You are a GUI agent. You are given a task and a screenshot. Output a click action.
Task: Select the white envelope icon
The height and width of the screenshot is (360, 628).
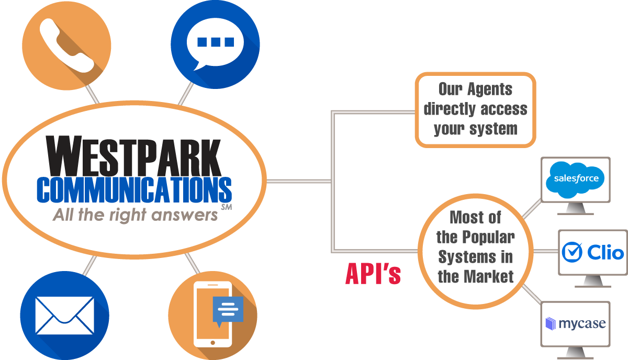point(64,316)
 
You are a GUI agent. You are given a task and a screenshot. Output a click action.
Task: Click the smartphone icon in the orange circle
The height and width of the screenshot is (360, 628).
point(212,314)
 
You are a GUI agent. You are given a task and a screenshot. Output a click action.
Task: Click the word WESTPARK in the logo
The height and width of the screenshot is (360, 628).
point(134,156)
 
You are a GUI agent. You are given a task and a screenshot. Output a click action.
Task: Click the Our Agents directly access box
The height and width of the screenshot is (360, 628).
point(475,109)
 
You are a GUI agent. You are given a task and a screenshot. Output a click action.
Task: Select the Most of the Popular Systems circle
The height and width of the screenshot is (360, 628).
point(475,247)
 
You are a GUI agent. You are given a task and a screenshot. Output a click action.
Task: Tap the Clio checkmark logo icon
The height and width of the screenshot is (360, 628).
point(571,253)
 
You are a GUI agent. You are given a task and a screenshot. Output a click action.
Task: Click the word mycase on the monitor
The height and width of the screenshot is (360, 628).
point(582,324)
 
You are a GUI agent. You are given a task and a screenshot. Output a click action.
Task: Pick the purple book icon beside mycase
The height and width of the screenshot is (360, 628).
point(550,324)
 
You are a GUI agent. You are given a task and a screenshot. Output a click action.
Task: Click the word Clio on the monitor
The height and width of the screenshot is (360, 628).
point(605,253)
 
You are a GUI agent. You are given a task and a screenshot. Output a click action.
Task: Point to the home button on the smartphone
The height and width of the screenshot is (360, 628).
point(212,342)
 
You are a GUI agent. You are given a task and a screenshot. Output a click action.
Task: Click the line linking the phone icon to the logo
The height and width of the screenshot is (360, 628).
point(92,94)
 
